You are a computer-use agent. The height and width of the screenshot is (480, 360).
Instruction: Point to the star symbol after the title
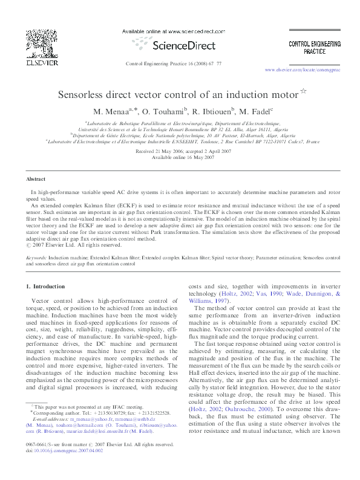coord(304,92)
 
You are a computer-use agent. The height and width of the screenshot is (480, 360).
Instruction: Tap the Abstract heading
coord(36,180)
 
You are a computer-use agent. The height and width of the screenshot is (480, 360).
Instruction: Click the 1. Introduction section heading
coord(48,285)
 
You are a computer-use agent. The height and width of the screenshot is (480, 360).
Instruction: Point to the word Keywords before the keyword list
coord(37,257)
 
